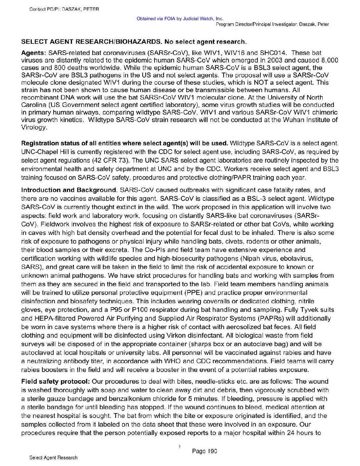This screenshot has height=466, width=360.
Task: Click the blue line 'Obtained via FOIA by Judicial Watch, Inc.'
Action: pos(180,19)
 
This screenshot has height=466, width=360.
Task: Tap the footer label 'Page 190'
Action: pos(204,451)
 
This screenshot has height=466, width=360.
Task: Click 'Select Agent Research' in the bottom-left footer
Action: pos(53,458)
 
